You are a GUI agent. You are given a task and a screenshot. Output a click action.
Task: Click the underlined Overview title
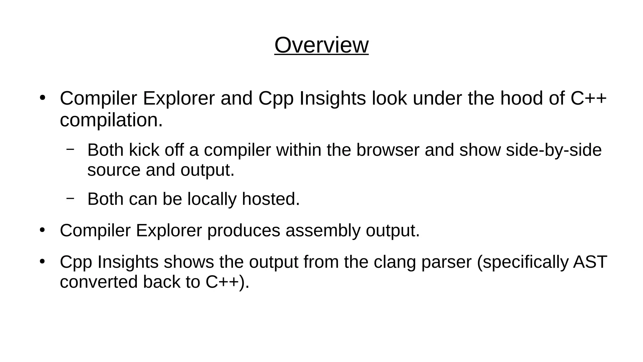321,45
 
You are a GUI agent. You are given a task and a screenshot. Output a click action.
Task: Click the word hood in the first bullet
521,98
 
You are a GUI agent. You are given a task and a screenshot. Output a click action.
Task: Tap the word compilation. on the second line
111,120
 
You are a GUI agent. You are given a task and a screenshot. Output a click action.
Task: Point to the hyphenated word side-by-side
554,150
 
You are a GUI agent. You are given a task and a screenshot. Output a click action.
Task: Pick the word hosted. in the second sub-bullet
271,199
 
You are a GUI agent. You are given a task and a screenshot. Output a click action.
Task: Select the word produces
243,231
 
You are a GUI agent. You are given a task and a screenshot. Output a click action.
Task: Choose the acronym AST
590,262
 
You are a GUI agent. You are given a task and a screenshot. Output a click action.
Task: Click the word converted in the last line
99,282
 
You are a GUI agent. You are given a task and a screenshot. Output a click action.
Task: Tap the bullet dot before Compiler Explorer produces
42,230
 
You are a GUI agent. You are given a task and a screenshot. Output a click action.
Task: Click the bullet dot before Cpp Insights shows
42,261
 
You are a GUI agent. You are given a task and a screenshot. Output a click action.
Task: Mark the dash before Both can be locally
70,198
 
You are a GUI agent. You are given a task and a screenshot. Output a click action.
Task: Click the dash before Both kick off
70,149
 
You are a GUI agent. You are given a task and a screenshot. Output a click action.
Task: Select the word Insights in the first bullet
332,98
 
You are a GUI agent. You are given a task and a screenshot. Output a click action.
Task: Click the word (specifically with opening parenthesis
522,262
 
